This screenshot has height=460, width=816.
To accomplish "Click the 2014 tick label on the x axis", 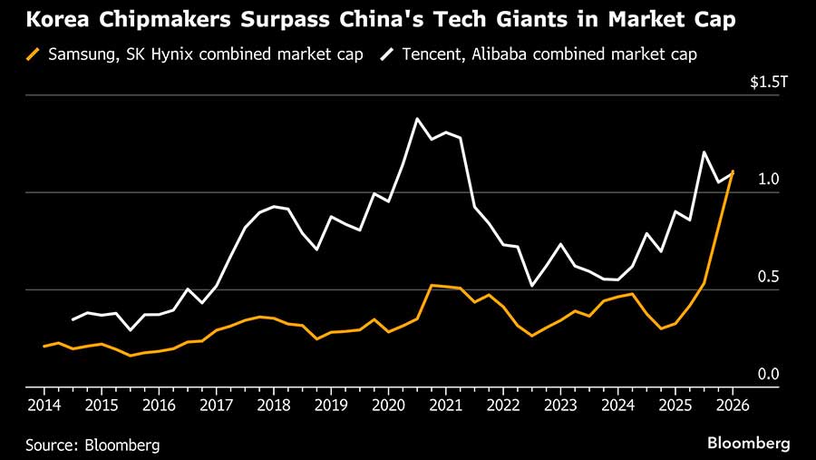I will pyautogui.click(x=44, y=404).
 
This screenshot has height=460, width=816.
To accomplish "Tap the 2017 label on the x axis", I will pyautogui.click(x=216, y=404).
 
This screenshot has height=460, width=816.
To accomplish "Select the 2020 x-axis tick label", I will pyautogui.click(x=388, y=404).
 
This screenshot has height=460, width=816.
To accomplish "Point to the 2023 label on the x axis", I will pyautogui.click(x=560, y=404).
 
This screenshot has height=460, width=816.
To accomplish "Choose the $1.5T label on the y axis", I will pyautogui.click(x=770, y=82).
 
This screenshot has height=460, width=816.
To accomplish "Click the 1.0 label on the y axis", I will pyautogui.click(x=769, y=180).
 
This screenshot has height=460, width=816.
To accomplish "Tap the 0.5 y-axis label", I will pyautogui.click(x=769, y=277).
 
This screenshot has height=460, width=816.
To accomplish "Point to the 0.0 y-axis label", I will pyautogui.click(x=769, y=374).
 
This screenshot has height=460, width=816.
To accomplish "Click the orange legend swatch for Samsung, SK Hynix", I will pyautogui.click(x=34, y=54).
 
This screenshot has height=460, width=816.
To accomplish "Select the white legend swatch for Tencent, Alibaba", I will pyautogui.click(x=386, y=54).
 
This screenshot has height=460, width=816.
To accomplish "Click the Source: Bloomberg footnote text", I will pyautogui.click(x=92, y=445).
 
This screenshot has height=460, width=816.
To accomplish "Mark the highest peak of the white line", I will pyautogui.click(x=417, y=119).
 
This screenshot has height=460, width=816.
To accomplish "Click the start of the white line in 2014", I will pyautogui.click(x=73, y=319).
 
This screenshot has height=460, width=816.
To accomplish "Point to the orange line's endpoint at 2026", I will pyautogui.click(x=733, y=171).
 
